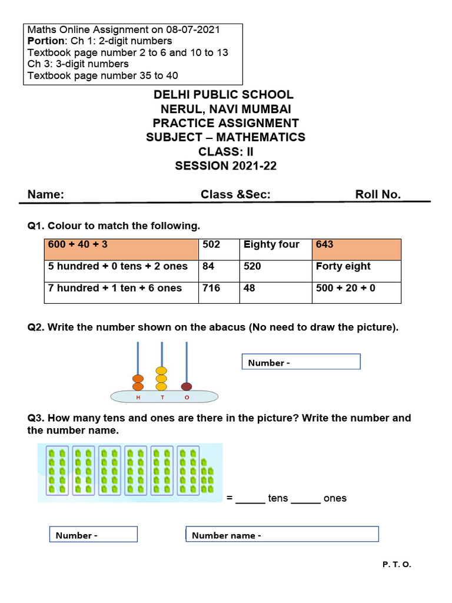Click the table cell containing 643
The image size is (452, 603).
[356, 249]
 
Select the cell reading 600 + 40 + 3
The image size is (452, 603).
[121, 249]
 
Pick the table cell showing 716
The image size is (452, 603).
[219, 292]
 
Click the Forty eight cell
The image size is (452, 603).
[356, 271]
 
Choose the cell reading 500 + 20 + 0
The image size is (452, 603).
[356, 292]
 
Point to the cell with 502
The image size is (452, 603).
[219, 249]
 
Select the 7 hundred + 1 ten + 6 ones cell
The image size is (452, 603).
[121, 292]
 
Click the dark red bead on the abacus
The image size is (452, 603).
[187, 387]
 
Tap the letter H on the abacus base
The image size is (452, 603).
[138, 397]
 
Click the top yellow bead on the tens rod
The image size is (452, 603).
[161, 371]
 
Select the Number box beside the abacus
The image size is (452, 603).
[301, 362]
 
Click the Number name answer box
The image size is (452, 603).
[282, 535]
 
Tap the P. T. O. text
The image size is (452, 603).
[397, 564]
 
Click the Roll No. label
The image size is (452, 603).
[378, 195]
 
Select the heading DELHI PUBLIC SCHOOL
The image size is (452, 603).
[224, 95]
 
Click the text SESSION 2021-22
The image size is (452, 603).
[225, 166]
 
